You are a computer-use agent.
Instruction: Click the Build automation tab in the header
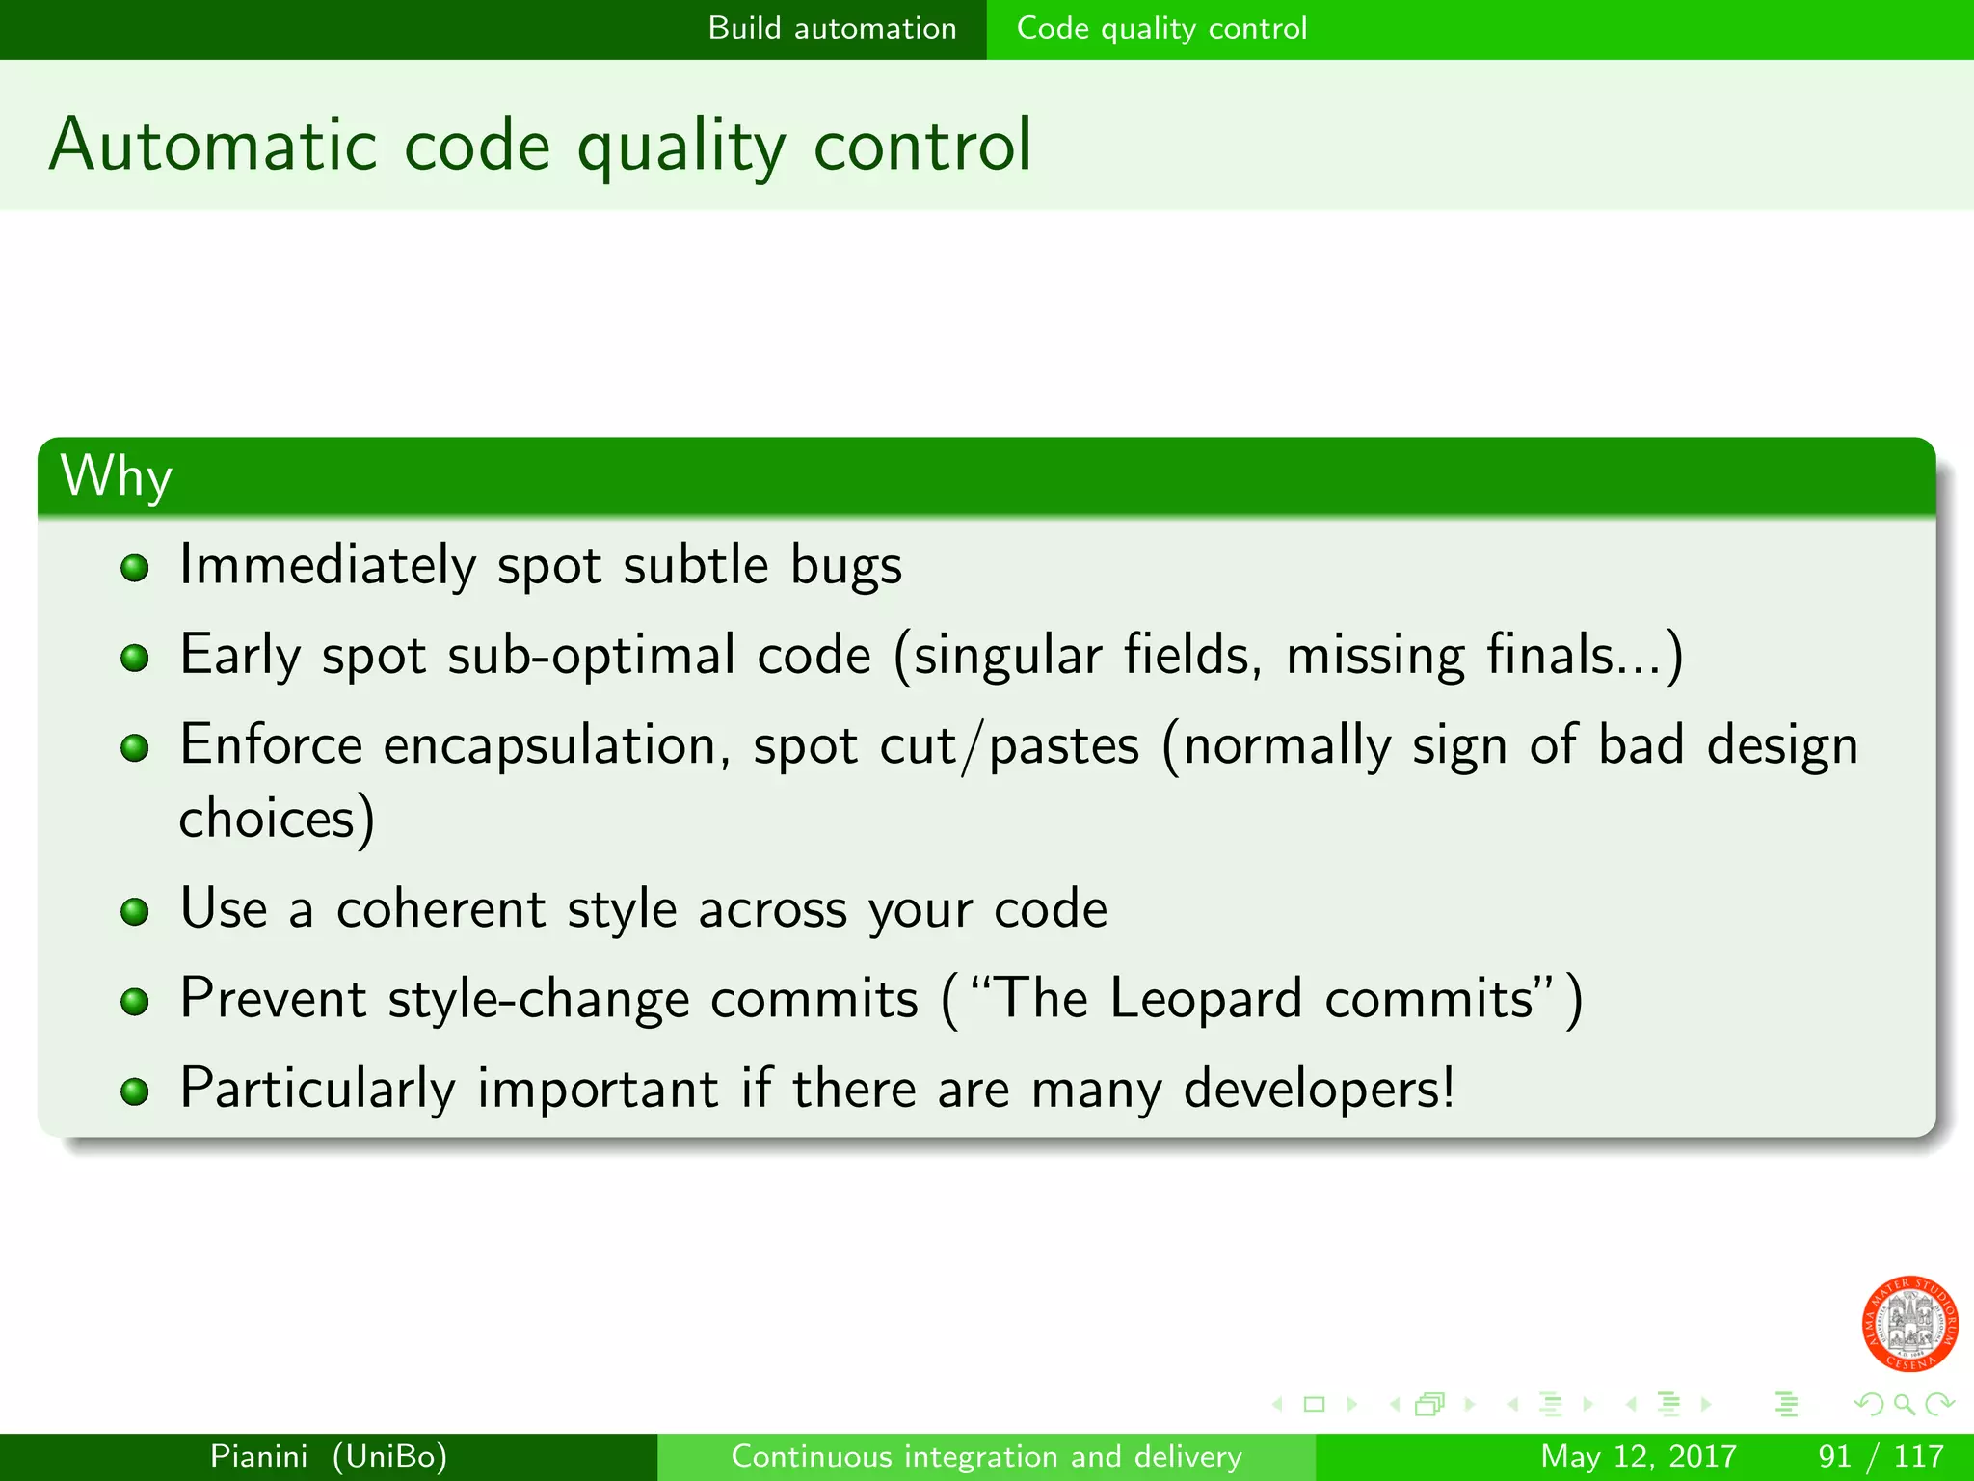[x=832, y=28]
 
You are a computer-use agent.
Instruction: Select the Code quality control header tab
[x=1161, y=28]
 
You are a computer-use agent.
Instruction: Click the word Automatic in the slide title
[x=213, y=145]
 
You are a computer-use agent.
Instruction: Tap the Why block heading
[x=117, y=475]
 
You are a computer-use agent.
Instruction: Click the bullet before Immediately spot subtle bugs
[x=135, y=567]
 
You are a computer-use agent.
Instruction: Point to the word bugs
[x=845, y=566]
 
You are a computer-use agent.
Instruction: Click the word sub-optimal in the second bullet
[x=591, y=655]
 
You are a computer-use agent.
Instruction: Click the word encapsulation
[x=549, y=745]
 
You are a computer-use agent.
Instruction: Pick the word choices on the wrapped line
[x=268, y=819]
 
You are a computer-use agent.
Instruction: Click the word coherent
[x=440, y=909]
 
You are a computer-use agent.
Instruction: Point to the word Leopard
[x=1205, y=998]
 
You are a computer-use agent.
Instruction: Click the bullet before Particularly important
[x=135, y=1091]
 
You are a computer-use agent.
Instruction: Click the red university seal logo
[x=1908, y=1323]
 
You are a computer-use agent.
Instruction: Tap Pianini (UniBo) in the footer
[x=329, y=1456]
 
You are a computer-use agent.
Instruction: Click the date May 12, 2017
[x=1638, y=1456]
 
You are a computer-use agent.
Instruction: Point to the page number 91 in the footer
[x=1834, y=1456]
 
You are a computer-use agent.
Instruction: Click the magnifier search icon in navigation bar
[x=1904, y=1404]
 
